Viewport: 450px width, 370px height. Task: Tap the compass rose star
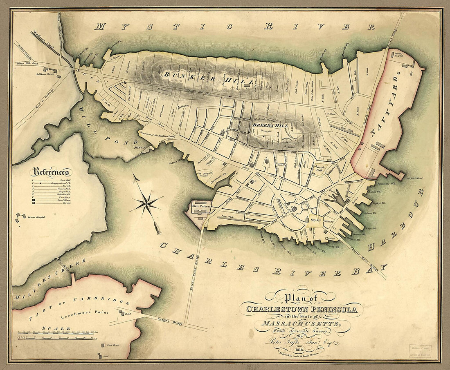146,203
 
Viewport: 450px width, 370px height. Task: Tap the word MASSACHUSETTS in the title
303,324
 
